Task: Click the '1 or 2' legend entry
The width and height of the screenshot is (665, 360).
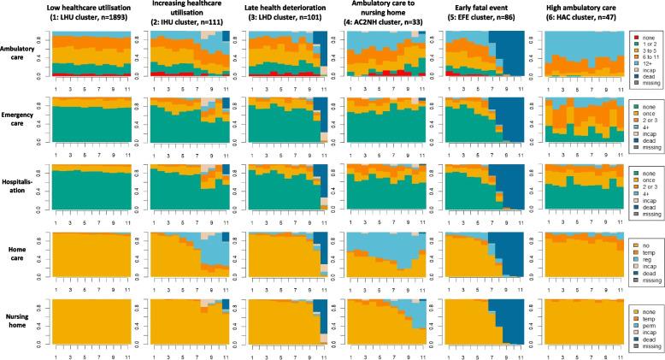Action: click(646, 44)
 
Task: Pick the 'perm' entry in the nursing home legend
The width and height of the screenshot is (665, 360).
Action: click(645, 323)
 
